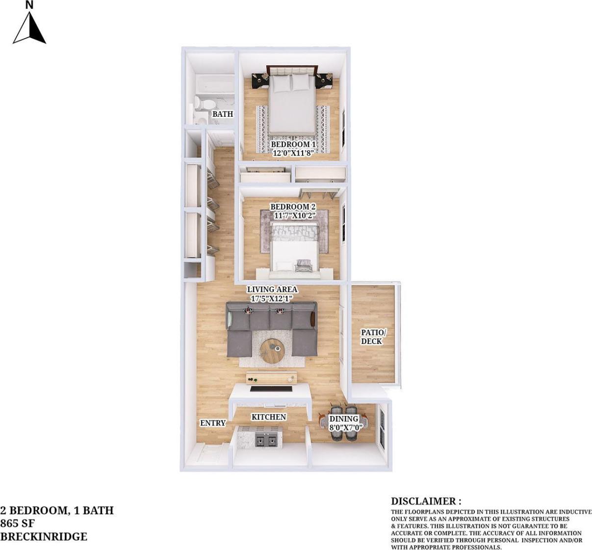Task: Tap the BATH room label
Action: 222,114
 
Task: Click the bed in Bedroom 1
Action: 291,105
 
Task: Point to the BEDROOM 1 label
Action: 293,145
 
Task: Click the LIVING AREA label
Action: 272,289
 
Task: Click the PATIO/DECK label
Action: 373,337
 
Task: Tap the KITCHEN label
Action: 269,417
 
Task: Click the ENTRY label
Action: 213,423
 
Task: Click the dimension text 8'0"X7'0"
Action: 345,427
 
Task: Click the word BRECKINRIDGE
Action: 44,536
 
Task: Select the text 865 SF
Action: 17,523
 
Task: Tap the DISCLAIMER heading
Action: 426,501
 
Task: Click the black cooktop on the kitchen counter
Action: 271,390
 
